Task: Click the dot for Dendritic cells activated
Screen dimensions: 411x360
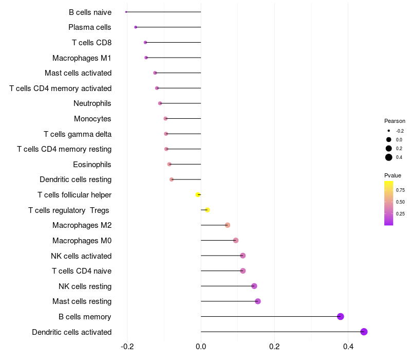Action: (x=364, y=332)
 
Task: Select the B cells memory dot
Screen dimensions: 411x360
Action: (x=341, y=316)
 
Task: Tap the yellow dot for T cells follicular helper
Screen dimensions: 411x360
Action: (x=198, y=195)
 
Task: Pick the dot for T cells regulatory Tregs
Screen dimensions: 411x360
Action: (x=208, y=210)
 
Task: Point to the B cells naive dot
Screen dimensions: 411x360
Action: (x=126, y=12)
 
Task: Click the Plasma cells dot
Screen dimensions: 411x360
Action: (x=136, y=27)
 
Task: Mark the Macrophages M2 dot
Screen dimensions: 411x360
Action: (x=228, y=225)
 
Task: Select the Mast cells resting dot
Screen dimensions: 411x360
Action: (x=258, y=301)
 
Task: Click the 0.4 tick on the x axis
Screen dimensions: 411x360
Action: (x=348, y=347)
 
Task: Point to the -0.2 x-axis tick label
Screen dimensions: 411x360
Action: (x=127, y=347)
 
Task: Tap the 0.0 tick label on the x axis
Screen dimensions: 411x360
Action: (x=201, y=347)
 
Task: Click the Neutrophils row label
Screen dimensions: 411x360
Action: (x=92, y=103)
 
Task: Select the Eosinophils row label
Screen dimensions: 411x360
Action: (x=92, y=165)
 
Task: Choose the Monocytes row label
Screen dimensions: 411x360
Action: (x=92, y=119)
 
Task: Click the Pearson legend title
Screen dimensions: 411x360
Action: (x=395, y=121)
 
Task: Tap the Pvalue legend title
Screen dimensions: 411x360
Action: (x=393, y=175)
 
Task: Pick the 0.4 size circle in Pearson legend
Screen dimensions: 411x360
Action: (x=389, y=157)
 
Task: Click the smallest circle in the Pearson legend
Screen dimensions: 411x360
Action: (x=389, y=131)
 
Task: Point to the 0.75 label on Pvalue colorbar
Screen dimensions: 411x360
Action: (x=400, y=190)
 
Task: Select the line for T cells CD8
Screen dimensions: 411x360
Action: (x=173, y=43)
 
